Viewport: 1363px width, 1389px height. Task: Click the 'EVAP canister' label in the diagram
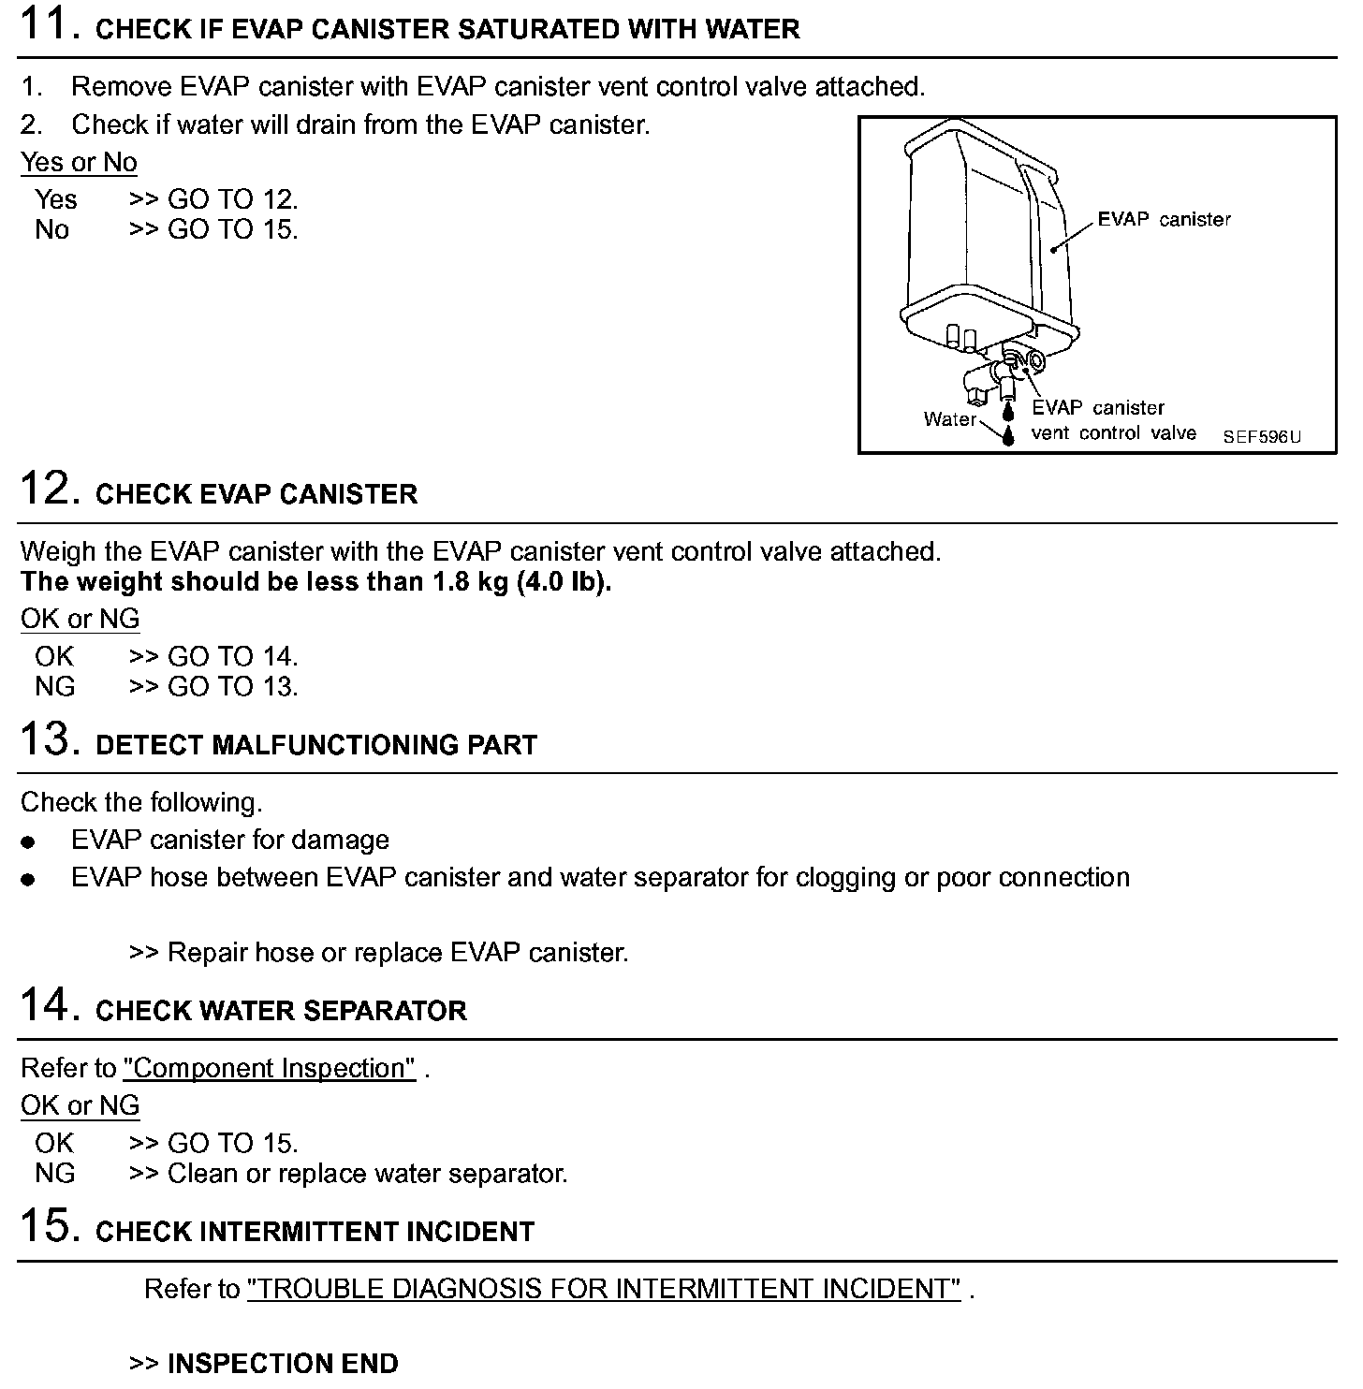pyautogui.click(x=1164, y=220)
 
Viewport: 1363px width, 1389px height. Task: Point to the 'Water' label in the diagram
pyautogui.click(x=949, y=419)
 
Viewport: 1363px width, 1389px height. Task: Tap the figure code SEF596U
pyautogui.click(x=1262, y=437)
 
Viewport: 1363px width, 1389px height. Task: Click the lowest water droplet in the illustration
pyautogui.click(x=1008, y=436)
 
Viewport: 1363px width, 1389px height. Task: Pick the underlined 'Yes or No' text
pyautogui.click(x=79, y=162)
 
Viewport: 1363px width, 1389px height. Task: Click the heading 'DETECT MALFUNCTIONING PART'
pyautogui.click(x=316, y=745)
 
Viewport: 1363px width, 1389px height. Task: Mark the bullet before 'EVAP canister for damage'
pyautogui.click(x=28, y=842)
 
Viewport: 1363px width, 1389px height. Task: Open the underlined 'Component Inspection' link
pyautogui.click(x=269, y=1068)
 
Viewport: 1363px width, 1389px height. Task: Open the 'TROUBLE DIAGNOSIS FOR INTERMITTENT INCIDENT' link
pyautogui.click(x=604, y=1289)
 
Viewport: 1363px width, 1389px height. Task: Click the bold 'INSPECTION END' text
pyautogui.click(x=282, y=1363)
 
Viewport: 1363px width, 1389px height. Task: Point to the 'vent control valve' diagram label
pyautogui.click(x=1113, y=433)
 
